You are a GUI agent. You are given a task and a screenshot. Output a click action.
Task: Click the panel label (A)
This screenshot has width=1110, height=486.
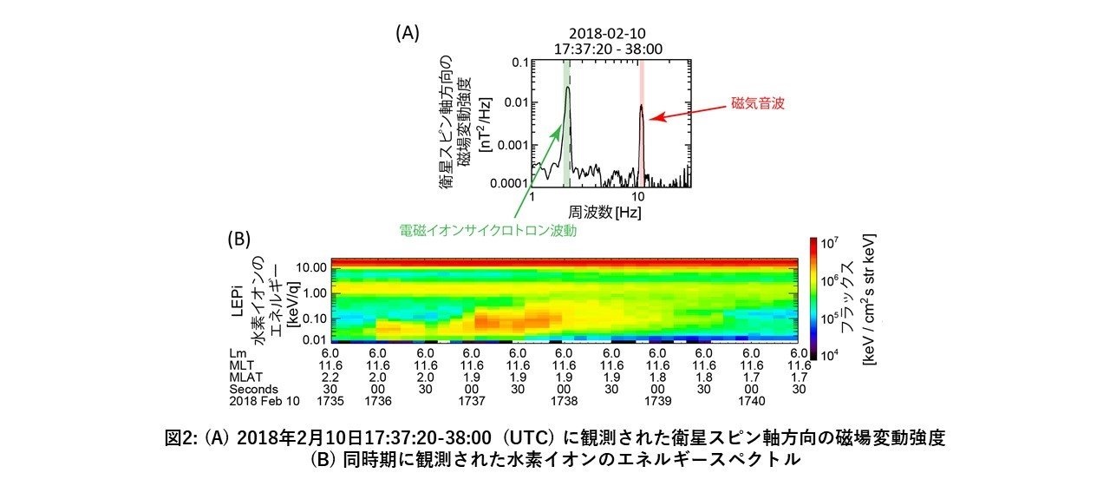click(408, 33)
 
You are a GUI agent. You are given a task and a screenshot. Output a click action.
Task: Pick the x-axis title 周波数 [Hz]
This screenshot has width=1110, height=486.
click(604, 211)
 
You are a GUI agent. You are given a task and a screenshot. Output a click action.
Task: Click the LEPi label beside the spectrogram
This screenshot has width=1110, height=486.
click(244, 300)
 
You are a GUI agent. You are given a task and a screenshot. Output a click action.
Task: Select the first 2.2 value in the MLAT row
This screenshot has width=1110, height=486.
click(330, 378)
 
